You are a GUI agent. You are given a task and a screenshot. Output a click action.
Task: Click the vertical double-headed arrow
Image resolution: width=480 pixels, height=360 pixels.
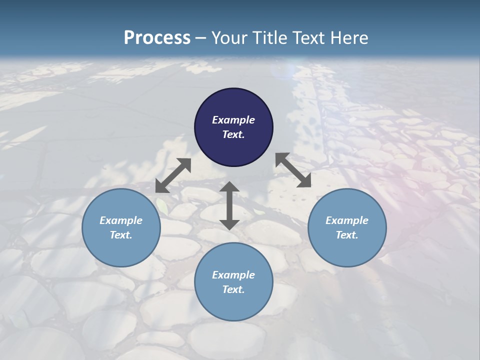click(229, 205)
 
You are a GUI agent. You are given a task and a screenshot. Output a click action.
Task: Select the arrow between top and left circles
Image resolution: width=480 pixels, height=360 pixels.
click(173, 175)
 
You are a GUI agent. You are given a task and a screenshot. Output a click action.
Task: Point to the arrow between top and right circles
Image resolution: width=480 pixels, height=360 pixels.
click(293, 170)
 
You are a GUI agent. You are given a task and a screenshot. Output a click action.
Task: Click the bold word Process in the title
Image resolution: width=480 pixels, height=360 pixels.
click(157, 38)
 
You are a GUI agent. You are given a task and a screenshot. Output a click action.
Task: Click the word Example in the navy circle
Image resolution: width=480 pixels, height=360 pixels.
click(233, 120)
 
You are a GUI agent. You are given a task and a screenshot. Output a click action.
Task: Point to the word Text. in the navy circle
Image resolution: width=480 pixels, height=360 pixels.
click(233, 134)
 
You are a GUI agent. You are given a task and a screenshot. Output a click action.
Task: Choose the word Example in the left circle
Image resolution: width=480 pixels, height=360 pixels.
click(121, 220)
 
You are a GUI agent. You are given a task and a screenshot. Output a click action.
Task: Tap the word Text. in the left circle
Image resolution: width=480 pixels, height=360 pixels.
click(121, 235)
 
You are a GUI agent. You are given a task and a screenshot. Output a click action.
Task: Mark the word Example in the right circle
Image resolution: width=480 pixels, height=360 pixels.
click(347, 220)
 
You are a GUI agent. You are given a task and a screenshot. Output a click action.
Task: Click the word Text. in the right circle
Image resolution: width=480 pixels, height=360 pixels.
click(347, 235)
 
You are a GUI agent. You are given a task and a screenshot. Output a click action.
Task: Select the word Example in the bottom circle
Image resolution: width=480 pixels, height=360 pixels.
click(233, 275)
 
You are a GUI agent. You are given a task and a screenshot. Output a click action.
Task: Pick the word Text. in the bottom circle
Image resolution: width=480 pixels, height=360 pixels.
click(233, 289)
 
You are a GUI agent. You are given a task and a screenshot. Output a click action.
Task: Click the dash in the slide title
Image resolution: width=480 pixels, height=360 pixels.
click(200, 38)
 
